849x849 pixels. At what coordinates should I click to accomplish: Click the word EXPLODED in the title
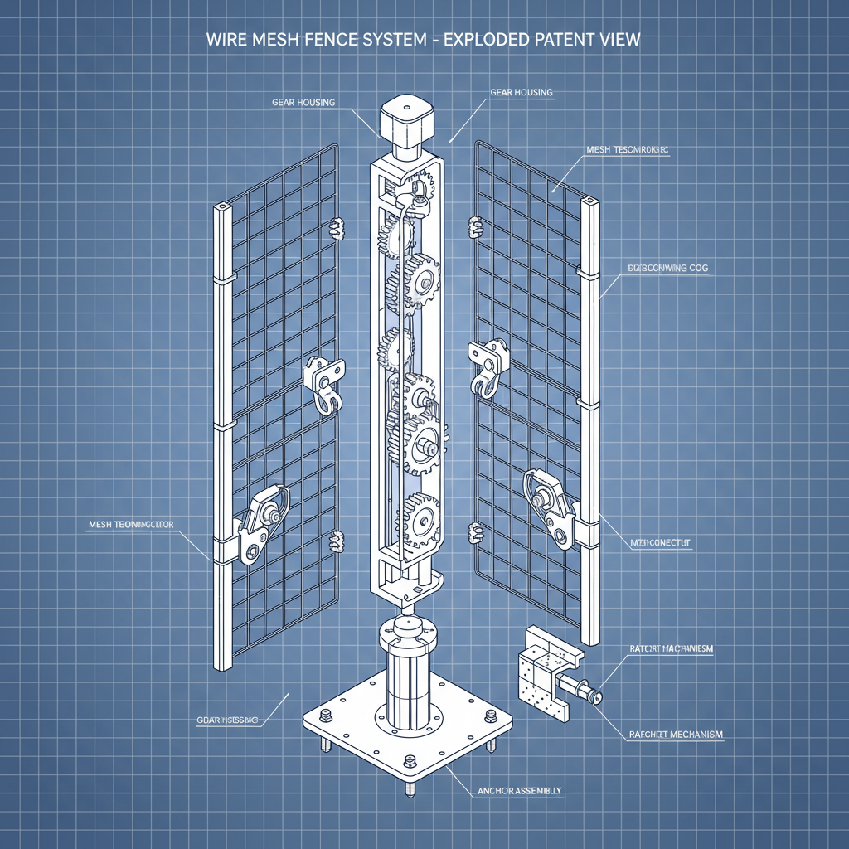point(488,39)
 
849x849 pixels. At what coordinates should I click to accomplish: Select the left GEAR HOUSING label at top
point(303,103)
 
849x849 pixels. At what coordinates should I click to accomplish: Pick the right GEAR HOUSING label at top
point(521,92)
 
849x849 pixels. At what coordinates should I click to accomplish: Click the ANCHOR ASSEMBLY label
point(521,791)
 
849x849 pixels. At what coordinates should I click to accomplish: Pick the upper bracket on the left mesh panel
point(326,382)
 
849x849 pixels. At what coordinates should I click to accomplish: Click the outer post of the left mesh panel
point(222,431)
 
